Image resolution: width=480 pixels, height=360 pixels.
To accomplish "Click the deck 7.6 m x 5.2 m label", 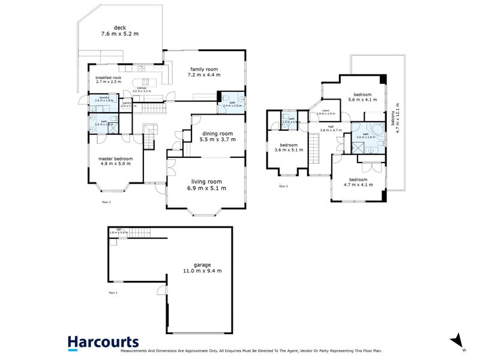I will coord(120,31).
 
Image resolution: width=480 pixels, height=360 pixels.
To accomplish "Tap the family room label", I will coord(204,72).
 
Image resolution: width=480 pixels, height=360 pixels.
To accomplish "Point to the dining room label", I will coord(217,136).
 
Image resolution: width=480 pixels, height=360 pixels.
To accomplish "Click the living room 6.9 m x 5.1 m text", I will coord(206,185).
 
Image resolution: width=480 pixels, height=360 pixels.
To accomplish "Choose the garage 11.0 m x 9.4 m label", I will coord(202,268).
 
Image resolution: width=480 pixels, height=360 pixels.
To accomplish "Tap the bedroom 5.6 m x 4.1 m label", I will coord(362,97).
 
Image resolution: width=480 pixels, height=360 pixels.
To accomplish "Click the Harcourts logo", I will coord(103,341).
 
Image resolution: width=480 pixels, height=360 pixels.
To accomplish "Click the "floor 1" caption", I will coord(113,293).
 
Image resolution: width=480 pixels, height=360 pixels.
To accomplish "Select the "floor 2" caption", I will coord(107,202).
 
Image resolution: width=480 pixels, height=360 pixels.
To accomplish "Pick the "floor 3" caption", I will coord(284,187).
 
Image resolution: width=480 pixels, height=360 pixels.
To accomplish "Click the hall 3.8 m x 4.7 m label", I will coord(331,128).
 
